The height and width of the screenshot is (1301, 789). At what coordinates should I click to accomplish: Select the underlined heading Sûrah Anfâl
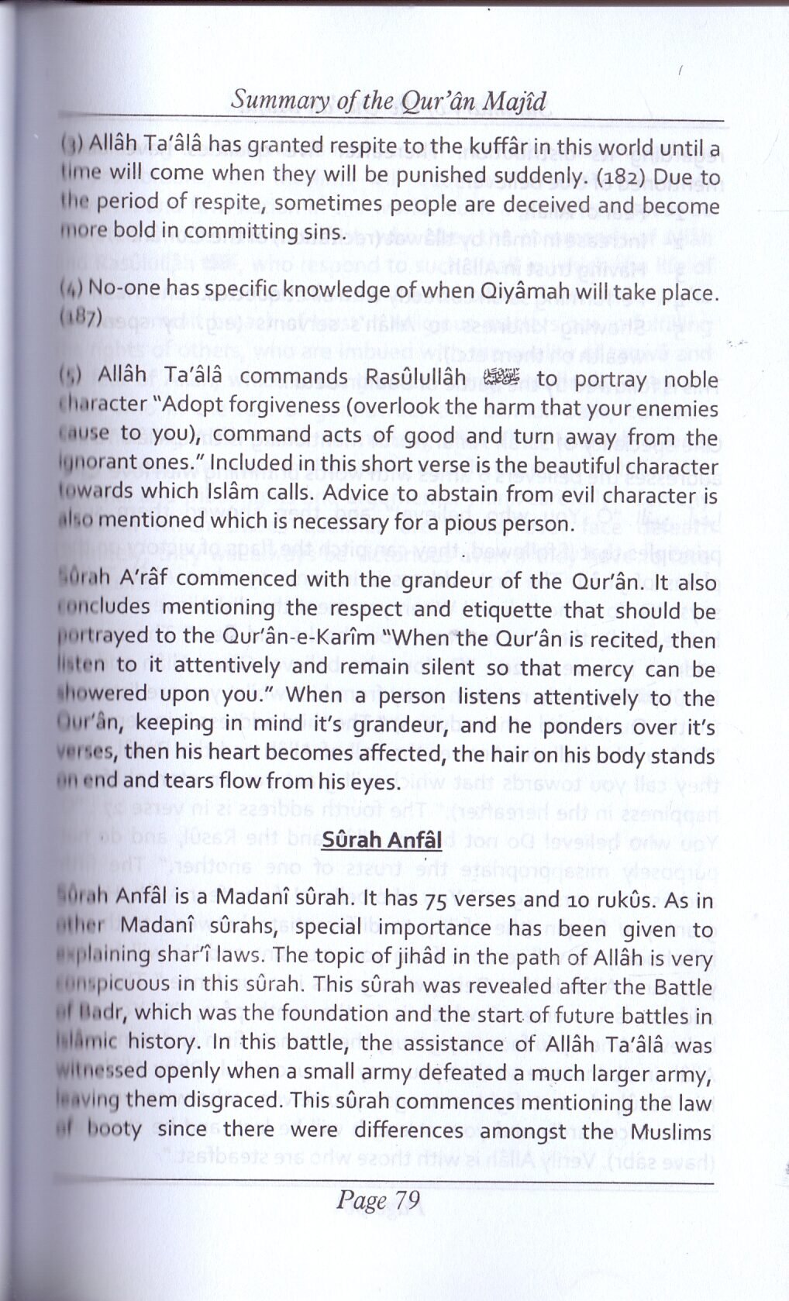pyautogui.click(x=381, y=841)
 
